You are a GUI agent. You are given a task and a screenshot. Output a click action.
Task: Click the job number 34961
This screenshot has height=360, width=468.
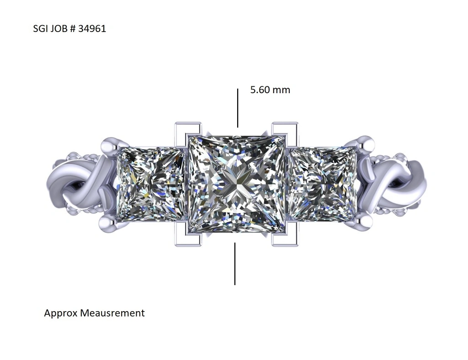click(92, 29)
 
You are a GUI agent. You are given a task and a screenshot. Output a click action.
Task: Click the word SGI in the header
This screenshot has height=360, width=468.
click(41, 29)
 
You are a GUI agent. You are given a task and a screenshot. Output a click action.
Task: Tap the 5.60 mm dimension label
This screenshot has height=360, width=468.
click(270, 90)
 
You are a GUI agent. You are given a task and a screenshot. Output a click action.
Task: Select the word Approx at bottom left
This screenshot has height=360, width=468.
click(61, 313)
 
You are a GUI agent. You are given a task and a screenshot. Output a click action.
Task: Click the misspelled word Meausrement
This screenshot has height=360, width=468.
click(112, 313)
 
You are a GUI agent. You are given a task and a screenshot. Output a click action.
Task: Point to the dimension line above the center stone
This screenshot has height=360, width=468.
click(238, 108)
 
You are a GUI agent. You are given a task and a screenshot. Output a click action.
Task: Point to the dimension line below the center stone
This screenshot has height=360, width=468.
click(235, 264)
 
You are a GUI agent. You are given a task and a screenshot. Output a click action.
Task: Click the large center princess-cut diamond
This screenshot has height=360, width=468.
click(237, 184)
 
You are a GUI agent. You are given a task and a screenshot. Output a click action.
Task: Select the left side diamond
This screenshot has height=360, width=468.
click(151, 184)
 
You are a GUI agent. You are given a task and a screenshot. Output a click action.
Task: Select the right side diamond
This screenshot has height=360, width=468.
click(323, 184)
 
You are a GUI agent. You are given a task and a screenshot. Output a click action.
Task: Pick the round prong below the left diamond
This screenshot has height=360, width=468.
click(107, 223)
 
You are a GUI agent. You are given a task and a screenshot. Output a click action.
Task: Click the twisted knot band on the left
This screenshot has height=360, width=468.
click(75, 185)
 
